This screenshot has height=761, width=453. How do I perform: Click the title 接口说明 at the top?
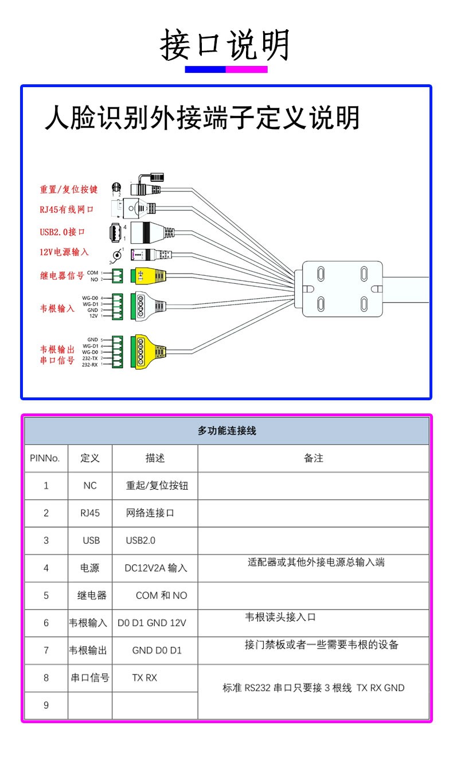pos(225,45)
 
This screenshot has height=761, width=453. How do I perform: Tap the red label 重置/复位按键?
pos(69,189)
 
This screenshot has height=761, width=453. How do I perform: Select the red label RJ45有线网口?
pos(67,209)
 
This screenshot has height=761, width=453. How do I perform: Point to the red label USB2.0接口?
pos(63,232)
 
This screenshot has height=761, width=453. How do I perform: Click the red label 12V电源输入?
pos(64,253)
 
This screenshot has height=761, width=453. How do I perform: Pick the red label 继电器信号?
pos(62,275)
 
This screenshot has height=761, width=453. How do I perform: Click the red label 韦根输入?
pos(57,308)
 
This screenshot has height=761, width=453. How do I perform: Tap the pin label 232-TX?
pos(90,358)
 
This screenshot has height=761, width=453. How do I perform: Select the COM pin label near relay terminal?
pos(92,272)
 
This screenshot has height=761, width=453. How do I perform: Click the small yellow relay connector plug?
pos(149,276)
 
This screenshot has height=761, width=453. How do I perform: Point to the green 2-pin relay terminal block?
pos(118,276)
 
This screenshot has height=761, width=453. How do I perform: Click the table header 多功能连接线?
pos(226,431)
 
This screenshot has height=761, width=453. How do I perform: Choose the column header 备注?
pos(313,458)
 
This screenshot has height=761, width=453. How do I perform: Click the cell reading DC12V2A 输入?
pos(156,568)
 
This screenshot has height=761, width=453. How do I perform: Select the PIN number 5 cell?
pos(46,595)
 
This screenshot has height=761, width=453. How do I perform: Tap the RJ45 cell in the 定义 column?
pos(90,513)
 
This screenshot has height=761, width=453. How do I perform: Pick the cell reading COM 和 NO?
pos(161,595)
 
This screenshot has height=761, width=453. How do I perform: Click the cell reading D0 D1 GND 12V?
pos(152,623)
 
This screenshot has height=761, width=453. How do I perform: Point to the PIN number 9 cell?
pos(46,705)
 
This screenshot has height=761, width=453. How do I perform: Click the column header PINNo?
pos(45,458)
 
